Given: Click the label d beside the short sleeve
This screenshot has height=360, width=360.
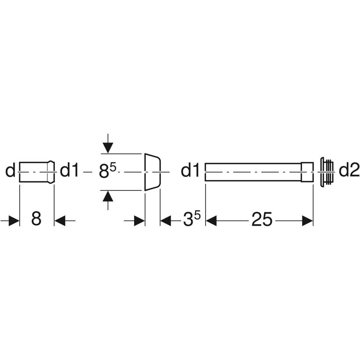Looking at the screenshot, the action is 10,171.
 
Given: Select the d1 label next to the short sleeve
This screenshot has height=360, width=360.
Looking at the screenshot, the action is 69,171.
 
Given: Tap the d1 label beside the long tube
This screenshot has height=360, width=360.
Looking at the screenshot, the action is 190,171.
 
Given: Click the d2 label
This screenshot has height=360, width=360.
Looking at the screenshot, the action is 349,171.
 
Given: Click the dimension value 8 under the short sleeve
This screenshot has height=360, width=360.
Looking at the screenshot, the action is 36,219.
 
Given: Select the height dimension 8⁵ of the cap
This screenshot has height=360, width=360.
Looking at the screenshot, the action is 108,170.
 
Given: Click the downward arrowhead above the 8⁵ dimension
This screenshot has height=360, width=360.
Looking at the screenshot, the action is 108,148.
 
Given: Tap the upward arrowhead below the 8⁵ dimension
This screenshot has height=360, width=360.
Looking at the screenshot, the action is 108,196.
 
